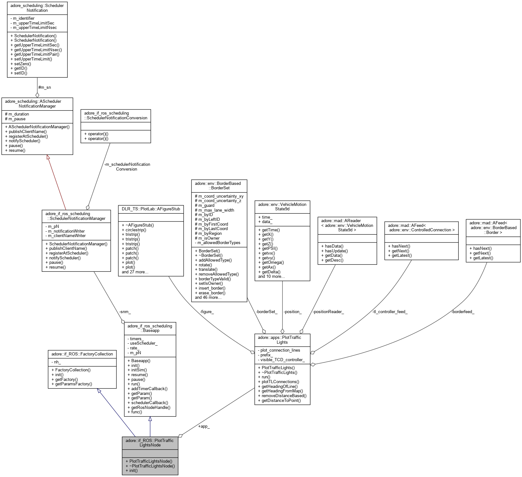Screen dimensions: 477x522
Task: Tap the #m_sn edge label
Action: coord(44,88)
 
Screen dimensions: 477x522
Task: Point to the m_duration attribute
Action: coord(18,114)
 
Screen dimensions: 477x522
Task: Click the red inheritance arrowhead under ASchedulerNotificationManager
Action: coord(48,157)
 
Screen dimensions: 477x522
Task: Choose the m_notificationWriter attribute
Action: coord(66,231)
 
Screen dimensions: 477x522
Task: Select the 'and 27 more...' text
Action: coord(135,272)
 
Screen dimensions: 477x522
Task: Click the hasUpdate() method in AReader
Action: coord(336,251)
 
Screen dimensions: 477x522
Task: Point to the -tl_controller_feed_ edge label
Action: coord(390,312)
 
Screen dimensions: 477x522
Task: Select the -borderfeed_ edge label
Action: coord(463,312)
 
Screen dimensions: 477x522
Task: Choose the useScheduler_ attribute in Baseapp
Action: coord(144,343)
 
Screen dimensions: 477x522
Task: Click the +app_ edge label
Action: coord(204,426)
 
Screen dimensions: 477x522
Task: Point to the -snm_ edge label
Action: coord(125,312)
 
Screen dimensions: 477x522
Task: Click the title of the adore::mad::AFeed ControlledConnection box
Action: coord(421,228)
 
